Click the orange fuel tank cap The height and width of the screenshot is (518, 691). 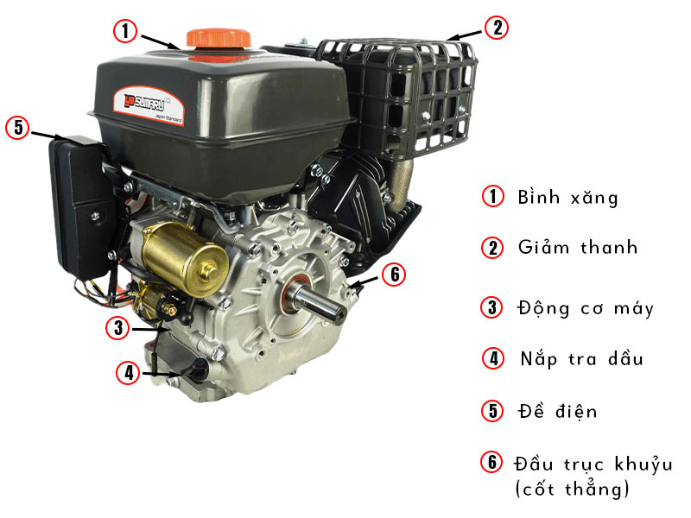click(219, 39)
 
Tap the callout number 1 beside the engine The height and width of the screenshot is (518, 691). click(125, 31)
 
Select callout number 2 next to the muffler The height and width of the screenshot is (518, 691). click(497, 28)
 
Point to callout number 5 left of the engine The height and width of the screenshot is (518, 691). click(17, 127)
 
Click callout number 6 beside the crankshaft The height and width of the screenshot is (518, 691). click(394, 275)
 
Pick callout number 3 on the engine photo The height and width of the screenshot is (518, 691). click(118, 328)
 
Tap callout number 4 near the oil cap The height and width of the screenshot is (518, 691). click(128, 373)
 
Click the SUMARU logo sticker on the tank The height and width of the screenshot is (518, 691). click(148, 105)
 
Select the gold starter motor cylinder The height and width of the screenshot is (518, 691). click(185, 257)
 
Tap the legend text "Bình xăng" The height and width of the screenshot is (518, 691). click(567, 197)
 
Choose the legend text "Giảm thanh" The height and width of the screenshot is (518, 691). click(577, 247)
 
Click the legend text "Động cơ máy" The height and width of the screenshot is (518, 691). click(586, 308)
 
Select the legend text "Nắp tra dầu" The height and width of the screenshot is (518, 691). click(581, 359)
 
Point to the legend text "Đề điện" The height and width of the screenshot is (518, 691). click(557, 411)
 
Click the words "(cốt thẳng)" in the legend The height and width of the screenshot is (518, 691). click(573, 489)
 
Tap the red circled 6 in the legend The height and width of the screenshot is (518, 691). click(491, 462)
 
